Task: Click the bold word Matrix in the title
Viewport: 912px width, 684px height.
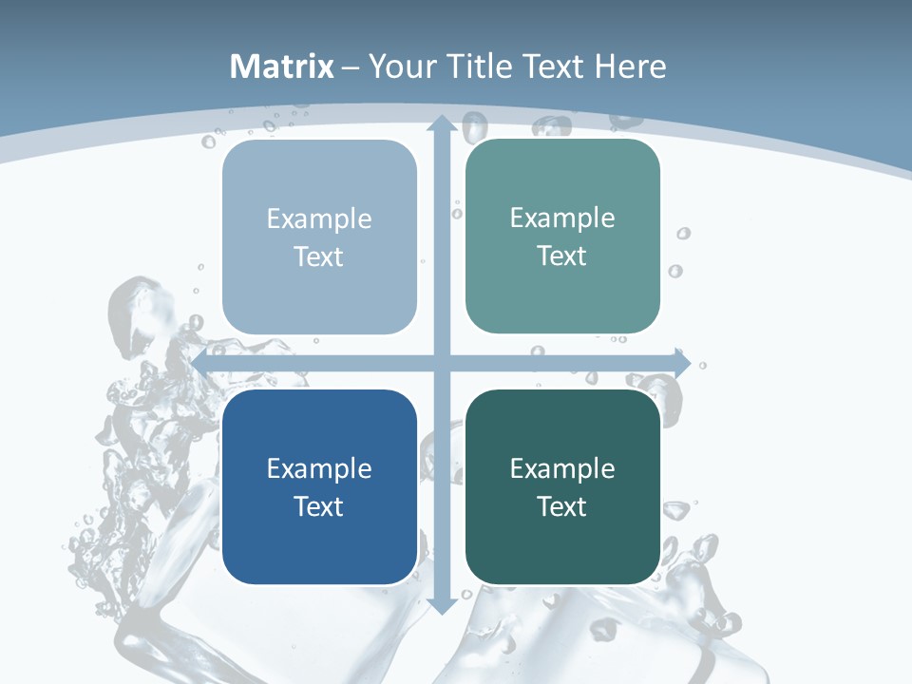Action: pyautogui.click(x=282, y=66)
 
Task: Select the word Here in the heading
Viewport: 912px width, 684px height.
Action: pyautogui.click(x=630, y=66)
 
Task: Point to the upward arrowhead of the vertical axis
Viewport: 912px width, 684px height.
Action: pyautogui.click(x=441, y=123)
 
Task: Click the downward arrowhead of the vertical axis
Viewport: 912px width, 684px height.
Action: pyautogui.click(x=441, y=605)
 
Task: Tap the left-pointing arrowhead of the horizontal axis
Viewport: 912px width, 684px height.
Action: pyautogui.click(x=199, y=363)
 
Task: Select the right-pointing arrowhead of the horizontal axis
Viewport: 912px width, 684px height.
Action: pyautogui.click(x=682, y=363)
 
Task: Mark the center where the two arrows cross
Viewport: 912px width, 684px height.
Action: pyautogui.click(x=441, y=363)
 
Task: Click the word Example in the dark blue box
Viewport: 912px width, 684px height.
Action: pyautogui.click(x=319, y=468)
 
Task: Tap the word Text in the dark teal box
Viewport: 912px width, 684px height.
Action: pyautogui.click(x=562, y=506)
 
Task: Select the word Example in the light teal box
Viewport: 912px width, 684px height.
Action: pyautogui.click(x=562, y=218)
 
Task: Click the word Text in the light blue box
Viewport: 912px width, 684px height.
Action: pyautogui.click(x=319, y=256)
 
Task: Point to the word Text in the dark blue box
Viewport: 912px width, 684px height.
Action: pyautogui.click(x=319, y=506)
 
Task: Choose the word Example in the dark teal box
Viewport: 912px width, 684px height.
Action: pyautogui.click(x=562, y=468)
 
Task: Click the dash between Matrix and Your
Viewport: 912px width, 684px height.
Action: pyautogui.click(x=351, y=67)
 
